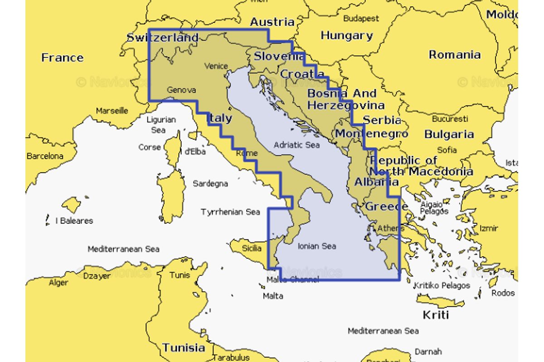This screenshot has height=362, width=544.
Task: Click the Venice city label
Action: pos(216,66)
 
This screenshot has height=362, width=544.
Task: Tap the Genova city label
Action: pos(181,90)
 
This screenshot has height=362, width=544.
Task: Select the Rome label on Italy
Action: pos(247,153)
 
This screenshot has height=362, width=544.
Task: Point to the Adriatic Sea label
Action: pos(296,145)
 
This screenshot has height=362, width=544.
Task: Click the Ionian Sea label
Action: pos(317,246)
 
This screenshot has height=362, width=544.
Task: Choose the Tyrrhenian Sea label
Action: pos(230,212)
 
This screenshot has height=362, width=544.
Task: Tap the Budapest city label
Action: pos(361,19)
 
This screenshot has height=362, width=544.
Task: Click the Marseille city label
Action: pos(112,111)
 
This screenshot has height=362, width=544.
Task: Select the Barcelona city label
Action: pos(45,156)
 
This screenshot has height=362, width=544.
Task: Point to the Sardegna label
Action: pos(210,184)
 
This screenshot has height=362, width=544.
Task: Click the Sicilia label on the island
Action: pos(251,248)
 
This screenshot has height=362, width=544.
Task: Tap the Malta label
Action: pos(273,296)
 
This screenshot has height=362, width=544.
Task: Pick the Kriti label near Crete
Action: pos(435,314)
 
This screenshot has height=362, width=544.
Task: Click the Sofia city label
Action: pos(447,150)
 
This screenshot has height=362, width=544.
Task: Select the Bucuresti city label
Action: pos(450,119)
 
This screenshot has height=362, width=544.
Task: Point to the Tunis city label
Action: pos(180,275)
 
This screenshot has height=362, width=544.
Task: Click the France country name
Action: pos(63,58)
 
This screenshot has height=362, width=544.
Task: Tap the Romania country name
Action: pos(455,55)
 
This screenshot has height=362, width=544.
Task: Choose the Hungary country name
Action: pos(347,35)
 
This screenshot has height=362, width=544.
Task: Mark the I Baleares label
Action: pos(74,221)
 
